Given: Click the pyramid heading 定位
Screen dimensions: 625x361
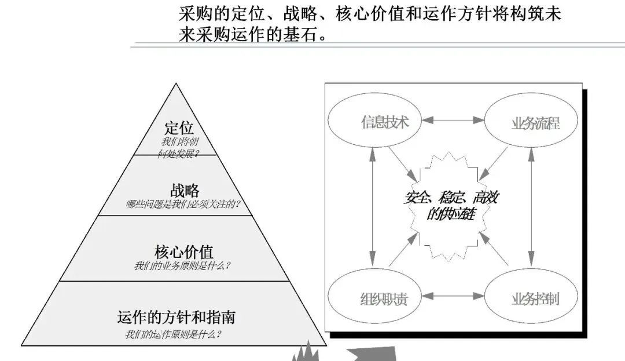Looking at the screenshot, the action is coord(179,128).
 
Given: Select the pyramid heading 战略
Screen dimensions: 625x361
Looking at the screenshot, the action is coord(185,190).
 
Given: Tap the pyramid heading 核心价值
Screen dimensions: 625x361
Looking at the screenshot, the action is coord(184,252).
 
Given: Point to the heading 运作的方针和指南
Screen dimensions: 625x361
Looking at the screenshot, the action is coord(176,318).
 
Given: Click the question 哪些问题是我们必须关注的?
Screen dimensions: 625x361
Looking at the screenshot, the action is coord(183,204).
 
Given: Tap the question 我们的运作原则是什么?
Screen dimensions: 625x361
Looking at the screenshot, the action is coord(173,334).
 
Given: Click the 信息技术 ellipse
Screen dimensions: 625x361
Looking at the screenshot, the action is coord(374,122).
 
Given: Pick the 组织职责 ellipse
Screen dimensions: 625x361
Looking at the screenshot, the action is coord(374,297).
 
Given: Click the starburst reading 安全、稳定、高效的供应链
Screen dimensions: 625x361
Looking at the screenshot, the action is coord(451,205).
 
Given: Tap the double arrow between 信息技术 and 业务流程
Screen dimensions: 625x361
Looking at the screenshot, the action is coord(453,121).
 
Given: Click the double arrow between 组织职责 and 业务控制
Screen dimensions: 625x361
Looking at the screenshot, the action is coord(453,296).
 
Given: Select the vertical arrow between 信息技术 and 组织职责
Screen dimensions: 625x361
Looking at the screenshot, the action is coord(373,209).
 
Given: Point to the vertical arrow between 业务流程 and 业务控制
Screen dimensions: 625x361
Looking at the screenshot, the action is coord(531,209).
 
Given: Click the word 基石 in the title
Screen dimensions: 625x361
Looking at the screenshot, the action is coord(302,34).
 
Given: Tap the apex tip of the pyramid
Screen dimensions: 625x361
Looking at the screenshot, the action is coord(175,85).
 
